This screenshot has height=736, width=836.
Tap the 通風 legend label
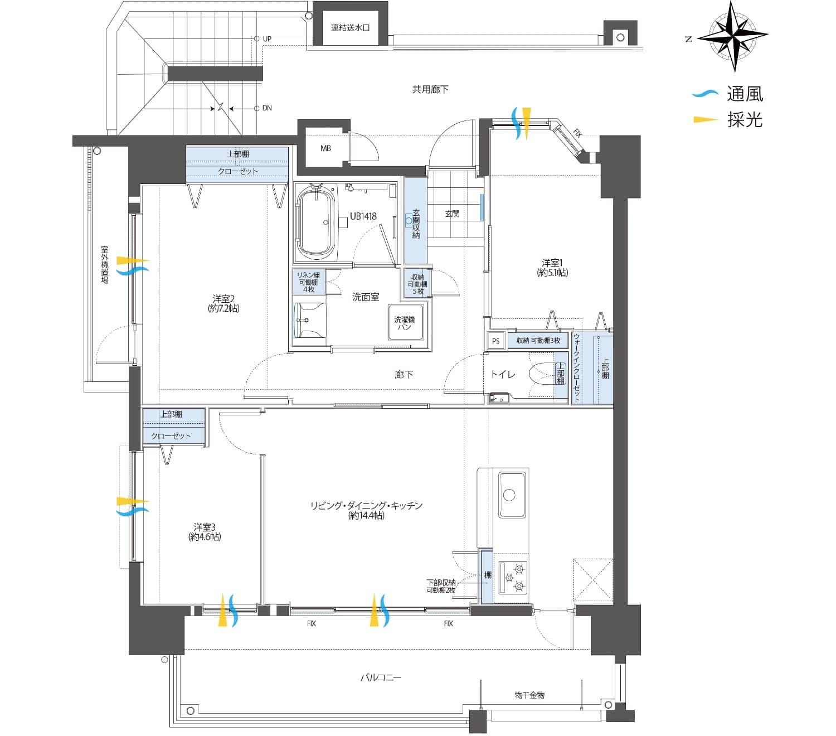[745, 94]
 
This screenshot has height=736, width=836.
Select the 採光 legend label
[745, 120]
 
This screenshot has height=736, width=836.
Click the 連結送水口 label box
[350, 28]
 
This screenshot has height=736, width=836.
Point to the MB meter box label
[325, 148]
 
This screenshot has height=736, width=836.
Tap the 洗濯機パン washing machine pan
[405, 322]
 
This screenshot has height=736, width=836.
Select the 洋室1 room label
[552, 268]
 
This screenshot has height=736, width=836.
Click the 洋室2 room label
[223, 303]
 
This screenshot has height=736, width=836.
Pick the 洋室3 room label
[204, 532]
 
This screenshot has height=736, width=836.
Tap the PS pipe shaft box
[495, 341]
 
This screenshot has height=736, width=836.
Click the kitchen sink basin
[512, 495]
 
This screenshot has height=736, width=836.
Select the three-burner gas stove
[513, 578]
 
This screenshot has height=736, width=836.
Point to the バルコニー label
[381, 677]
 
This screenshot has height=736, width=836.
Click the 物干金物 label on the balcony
[529, 695]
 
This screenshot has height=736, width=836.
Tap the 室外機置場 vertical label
[105, 265]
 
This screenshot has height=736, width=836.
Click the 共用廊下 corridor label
[430, 89]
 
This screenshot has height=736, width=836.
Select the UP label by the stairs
[267, 39]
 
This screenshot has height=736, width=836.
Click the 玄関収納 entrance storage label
[416, 224]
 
